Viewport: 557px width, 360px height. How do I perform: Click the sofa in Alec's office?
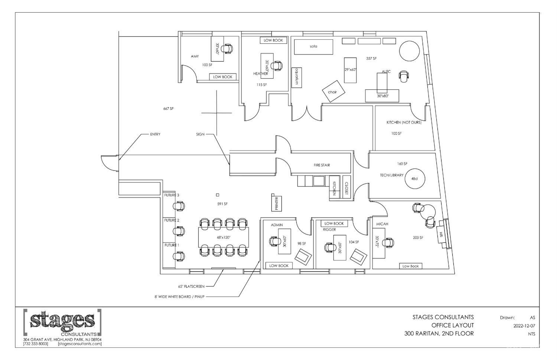tap(314, 47)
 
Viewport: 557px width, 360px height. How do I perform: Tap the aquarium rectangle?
tap(297, 77)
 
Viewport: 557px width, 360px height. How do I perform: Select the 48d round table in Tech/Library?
tap(414, 179)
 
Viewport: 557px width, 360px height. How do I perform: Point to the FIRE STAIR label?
tap(321, 165)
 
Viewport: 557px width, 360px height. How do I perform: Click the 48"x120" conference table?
tap(224, 237)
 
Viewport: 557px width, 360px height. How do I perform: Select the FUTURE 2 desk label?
tap(172, 220)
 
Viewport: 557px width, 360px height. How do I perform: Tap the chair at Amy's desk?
tap(227, 48)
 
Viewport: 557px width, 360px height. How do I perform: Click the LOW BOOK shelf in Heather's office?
tap(273, 40)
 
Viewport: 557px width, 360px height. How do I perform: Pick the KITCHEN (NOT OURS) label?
tap(404, 122)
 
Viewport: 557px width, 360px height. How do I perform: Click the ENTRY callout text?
tap(155, 134)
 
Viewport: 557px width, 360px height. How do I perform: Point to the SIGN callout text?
tap(200, 134)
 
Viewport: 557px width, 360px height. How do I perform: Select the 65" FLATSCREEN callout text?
tap(191, 286)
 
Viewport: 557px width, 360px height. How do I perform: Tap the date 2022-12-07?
tap(524, 326)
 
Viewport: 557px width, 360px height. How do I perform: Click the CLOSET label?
tap(346, 188)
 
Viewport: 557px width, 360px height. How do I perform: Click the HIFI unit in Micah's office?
tap(442, 234)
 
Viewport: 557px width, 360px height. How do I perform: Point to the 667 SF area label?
tap(168, 109)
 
